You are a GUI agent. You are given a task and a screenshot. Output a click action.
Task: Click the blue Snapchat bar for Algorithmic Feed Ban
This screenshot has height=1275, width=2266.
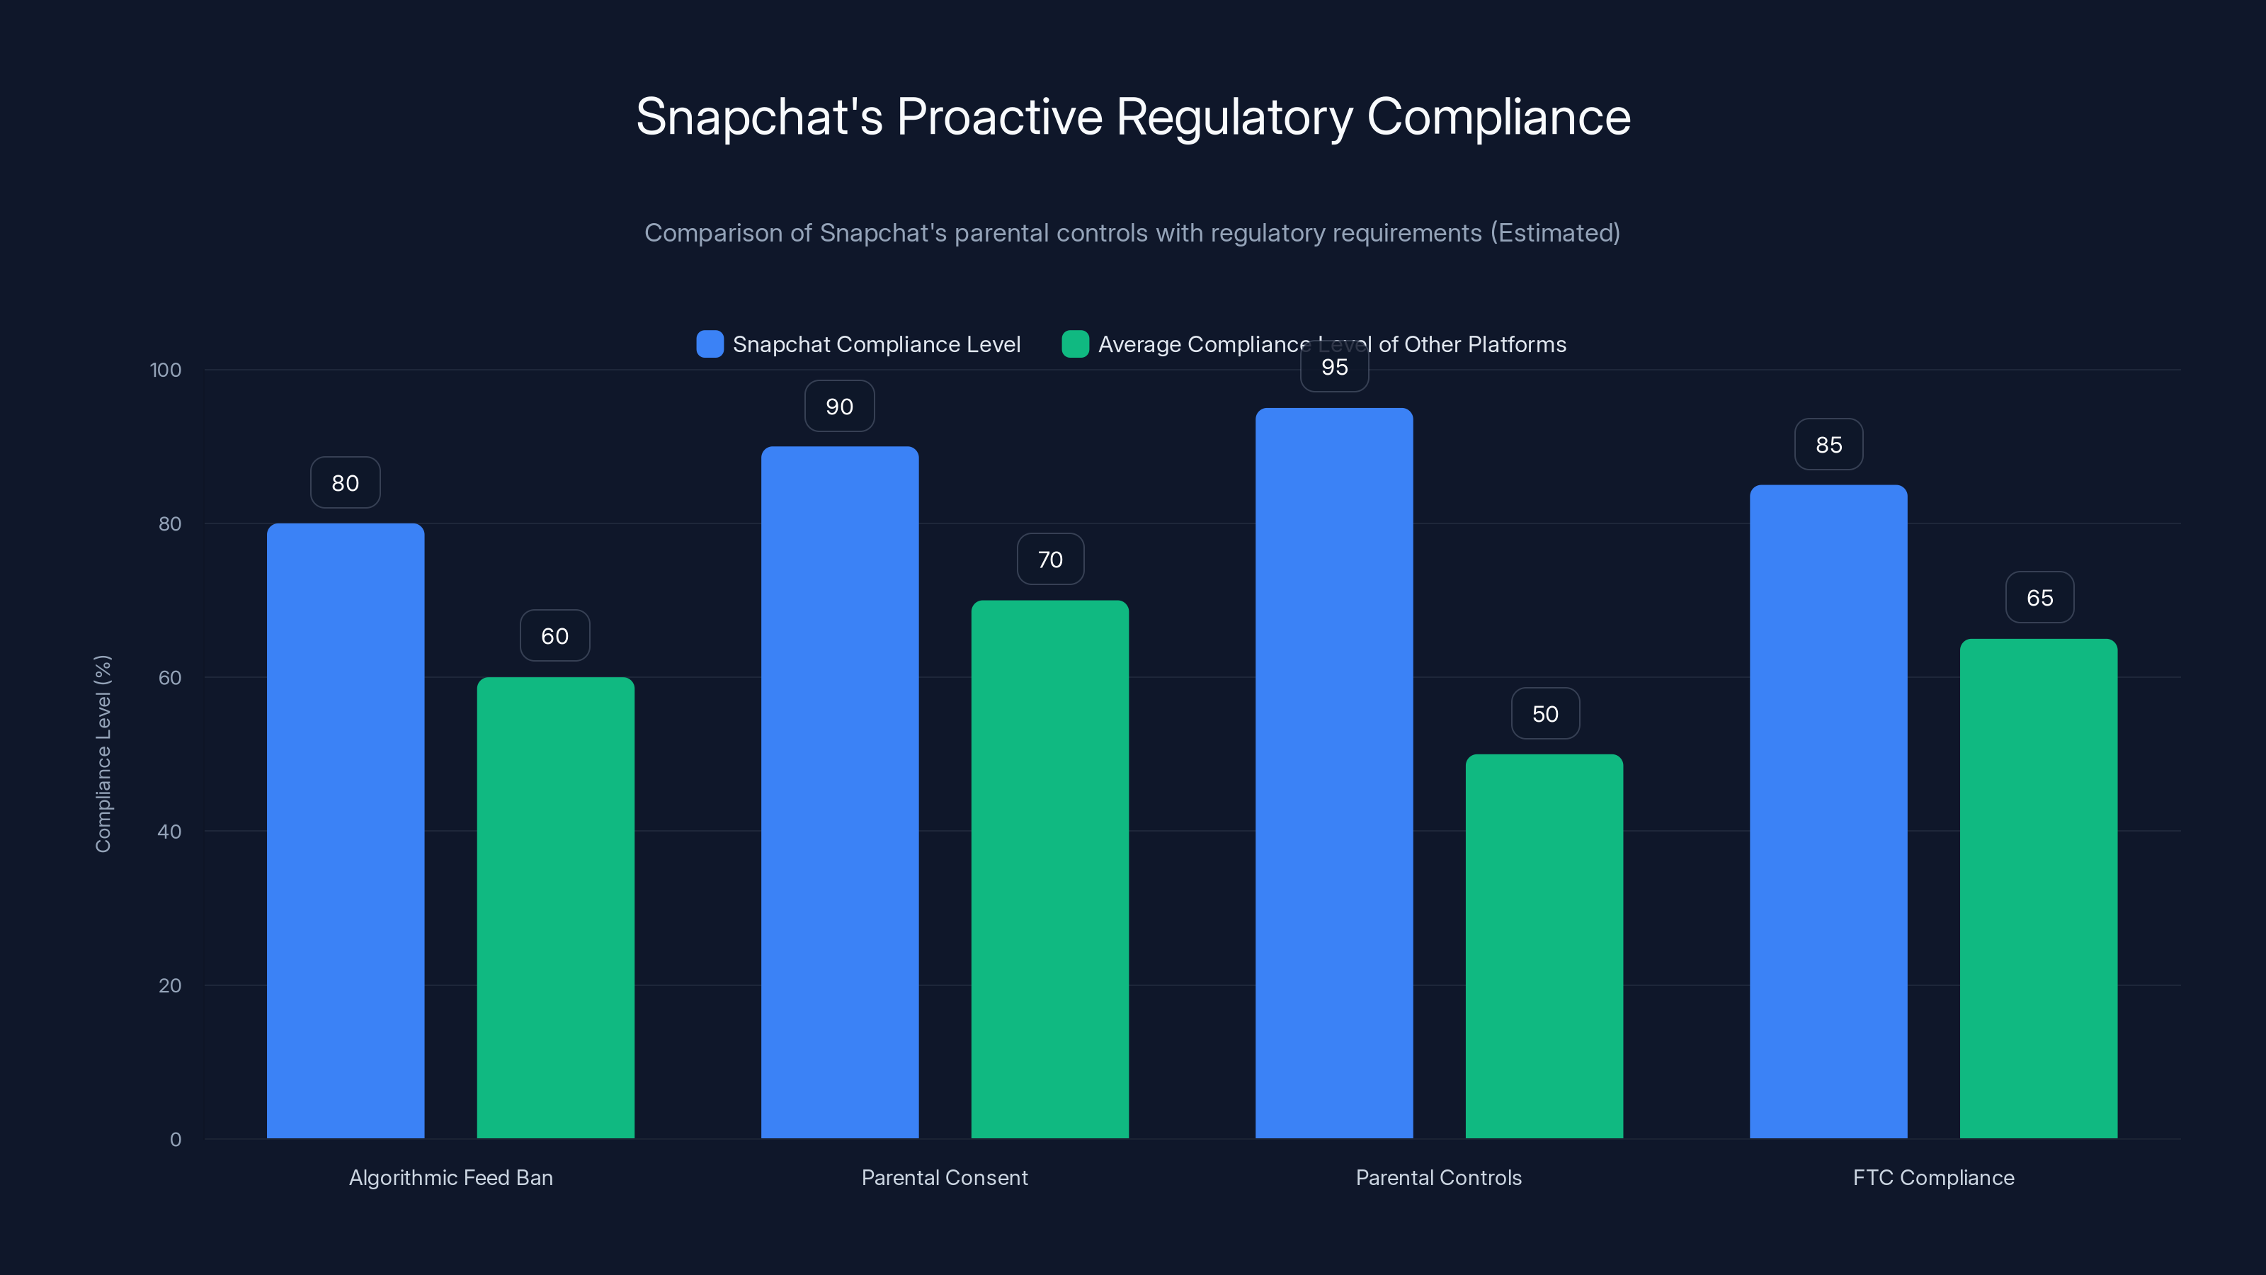click(x=345, y=831)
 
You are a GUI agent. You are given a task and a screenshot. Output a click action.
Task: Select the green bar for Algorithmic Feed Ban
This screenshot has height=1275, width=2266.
click(x=555, y=907)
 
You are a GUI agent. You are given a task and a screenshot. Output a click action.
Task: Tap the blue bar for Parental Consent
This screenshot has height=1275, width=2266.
click(x=839, y=792)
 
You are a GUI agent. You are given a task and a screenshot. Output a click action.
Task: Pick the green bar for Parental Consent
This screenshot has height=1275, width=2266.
click(x=1049, y=869)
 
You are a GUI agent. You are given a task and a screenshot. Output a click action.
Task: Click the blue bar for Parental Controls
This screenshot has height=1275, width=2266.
click(x=1333, y=773)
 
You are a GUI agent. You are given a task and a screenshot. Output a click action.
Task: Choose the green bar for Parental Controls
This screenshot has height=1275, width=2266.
click(x=1544, y=946)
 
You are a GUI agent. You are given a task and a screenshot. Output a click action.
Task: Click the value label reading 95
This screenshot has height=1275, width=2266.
click(x=1334, y=368)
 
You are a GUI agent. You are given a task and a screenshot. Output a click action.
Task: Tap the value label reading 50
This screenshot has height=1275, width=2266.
click(x=1544, y=713)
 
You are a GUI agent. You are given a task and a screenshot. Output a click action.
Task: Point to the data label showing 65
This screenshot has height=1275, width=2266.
click(x=2039, y=597)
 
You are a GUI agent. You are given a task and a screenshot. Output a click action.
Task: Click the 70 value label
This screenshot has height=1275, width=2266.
click(x=1050, y=560)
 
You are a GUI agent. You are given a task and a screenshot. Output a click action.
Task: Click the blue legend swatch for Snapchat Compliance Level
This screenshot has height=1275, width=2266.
click(x=710, y=344)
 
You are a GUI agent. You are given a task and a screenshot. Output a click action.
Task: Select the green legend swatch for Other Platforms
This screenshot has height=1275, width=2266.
click(x=1075, y=344)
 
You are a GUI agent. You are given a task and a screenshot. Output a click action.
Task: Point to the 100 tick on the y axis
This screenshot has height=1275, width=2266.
click(x=166, y=370)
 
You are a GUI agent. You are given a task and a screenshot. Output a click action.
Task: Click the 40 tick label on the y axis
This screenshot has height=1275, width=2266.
click(x=169, y=832)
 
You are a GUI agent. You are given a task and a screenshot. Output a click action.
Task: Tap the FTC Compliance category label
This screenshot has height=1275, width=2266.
click(x=1932, y=1177)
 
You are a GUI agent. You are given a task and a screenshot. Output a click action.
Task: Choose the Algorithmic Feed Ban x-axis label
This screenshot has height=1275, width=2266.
click(x=450, y=1177)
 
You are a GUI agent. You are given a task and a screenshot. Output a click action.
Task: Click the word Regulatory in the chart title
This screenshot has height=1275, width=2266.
click(x=1234, y=117)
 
